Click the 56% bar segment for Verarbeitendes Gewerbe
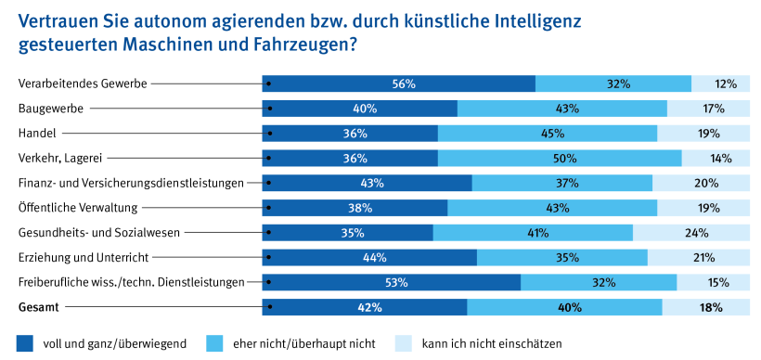click(x=401, y=84)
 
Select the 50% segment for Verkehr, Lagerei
click(x=560, y=158)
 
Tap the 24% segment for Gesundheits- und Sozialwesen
click(x=697, y=232)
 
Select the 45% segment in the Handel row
click(x=547, y=134)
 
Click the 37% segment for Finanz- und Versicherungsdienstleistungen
click(x=561, y=183)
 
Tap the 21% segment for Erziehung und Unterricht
click(x=703, y=257)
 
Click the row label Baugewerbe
click(x=51, y=109)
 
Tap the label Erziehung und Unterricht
click(x=84, y=257)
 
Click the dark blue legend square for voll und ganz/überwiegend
click(x=26, y=342)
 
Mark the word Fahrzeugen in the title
click(x=294, y=43)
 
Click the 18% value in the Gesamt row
click(x=712, y=307)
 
